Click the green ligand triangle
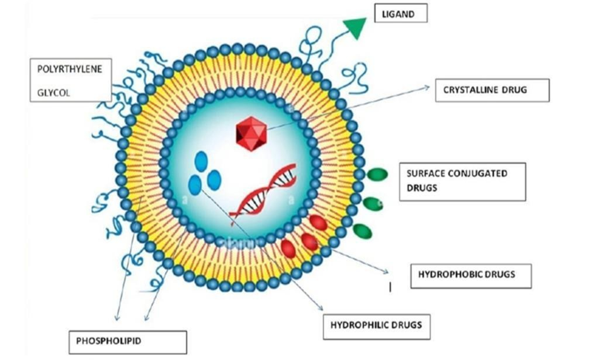[x=355, y=28]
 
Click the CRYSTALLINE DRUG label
[x=492, y=90]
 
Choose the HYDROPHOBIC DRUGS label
[x=470, y=274]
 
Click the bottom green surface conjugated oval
[x=363, y=231]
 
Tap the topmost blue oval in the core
[x=201, y=161]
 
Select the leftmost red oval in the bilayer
[x=289, y=249]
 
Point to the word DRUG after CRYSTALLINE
[x=513, y=90]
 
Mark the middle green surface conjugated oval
[x=372, y=203]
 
